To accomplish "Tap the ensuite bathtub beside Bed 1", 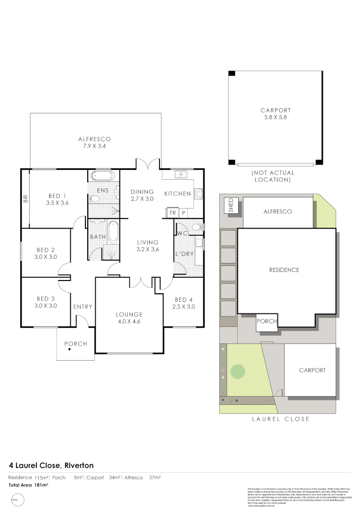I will [102, 176].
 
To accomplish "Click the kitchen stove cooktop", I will [199, 193].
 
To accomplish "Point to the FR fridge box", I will [173, 213].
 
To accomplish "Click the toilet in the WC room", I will [197, 227].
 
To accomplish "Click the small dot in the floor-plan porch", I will [69, 349].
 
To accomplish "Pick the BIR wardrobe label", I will [25, 199].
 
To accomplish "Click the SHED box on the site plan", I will [231, 205].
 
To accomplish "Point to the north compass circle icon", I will [17, 499].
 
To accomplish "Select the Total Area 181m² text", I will [29, 484].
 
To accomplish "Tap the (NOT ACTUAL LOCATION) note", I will [273, 176].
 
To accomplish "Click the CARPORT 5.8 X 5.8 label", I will [276, 114].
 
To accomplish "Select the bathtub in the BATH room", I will [113, 232].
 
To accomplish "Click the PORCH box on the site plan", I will [267, 322].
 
